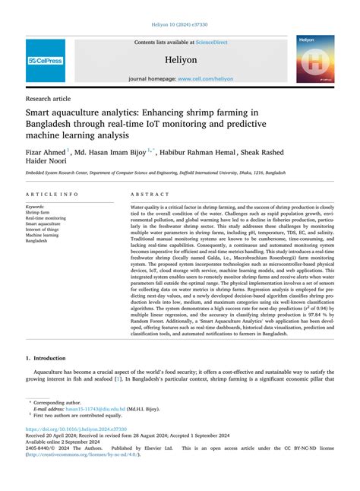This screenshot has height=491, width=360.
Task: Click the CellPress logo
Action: coord(46,60)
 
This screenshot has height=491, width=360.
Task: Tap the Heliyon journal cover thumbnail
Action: coord(315,59)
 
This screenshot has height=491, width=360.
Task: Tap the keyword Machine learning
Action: coord(43,236)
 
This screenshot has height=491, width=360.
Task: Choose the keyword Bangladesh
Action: coord(37,242)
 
